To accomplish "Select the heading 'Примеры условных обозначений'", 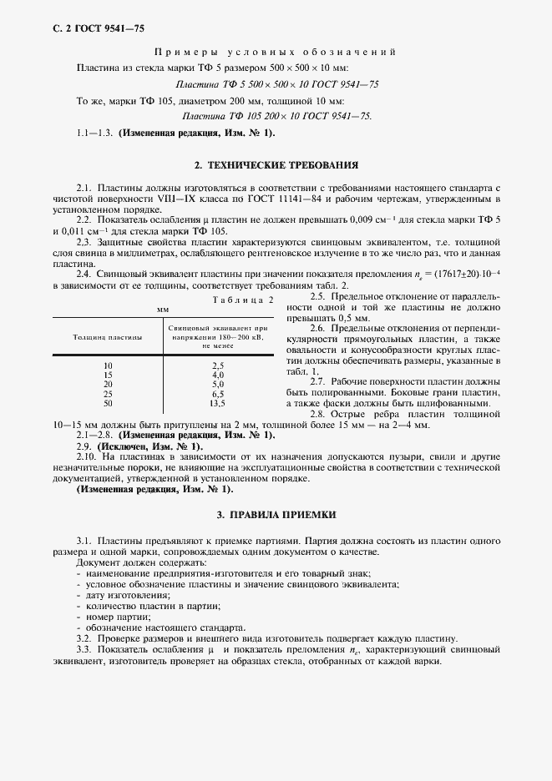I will [276, 52].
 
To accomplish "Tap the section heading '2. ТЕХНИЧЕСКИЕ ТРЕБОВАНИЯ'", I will [276, 166].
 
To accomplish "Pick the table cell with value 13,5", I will [218, 403].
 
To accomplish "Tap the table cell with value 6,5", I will [218, 394].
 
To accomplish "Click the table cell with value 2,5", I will [218, 365].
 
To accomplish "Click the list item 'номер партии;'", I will [114, 616].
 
